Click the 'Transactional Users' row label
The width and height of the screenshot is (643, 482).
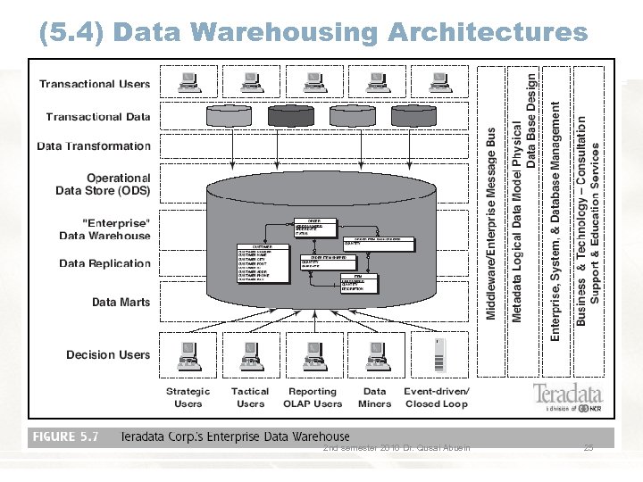click(x=95, y=84)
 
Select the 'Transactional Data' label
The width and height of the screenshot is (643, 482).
click(x=98, y=117)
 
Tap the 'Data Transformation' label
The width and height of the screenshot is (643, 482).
click(x=94, y=146)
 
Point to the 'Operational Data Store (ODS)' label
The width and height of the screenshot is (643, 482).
click(x=104, y=184)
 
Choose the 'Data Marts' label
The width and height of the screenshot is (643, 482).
click(x=121, y=302)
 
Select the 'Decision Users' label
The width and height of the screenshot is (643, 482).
click(x=108, y=354)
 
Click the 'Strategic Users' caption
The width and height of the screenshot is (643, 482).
click(x=188, y=397)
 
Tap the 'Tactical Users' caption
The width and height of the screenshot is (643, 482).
click(x=250, y=397)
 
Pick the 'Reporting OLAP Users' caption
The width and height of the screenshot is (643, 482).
click(x=313, y=397)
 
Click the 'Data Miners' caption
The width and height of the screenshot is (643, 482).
click(x=375, y=397)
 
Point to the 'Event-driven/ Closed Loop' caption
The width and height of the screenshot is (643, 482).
click(x=437, y=397)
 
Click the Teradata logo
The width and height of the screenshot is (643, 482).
click(x=568, y=395)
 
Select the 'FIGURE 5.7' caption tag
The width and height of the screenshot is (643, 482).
click(x=65, y=437)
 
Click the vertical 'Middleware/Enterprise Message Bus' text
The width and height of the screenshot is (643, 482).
click(x=491, y=223)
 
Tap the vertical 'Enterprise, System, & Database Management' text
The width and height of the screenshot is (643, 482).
click(x=555, y=220)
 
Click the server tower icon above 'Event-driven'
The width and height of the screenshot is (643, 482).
click(x=438, y=355)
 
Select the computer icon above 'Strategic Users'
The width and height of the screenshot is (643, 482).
click(x=188, y=355)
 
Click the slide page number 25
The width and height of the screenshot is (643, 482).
click(x=588, y=447)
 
